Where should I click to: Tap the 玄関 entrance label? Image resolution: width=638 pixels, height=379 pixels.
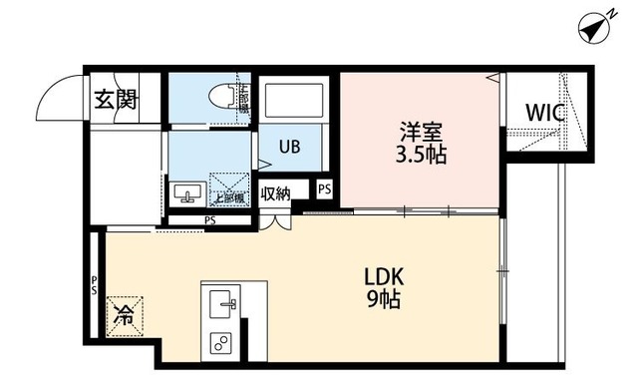[x=117, y=100]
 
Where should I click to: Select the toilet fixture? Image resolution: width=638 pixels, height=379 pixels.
[x=224, y=97]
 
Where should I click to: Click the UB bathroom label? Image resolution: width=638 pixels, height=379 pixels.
[x=289, y=147]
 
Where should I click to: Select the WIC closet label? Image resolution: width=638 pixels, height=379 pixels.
[x=545, y=113]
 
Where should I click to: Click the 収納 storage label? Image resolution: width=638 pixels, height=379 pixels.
[x=275, y=192]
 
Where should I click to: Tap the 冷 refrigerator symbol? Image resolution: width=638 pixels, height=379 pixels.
[x=125, y=317]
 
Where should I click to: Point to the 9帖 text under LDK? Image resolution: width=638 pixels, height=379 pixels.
[x=383, y=299]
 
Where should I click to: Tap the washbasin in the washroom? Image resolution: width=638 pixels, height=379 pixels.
[x=187, y=191]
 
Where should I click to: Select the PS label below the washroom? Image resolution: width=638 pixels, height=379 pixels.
[x=210, y=220]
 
